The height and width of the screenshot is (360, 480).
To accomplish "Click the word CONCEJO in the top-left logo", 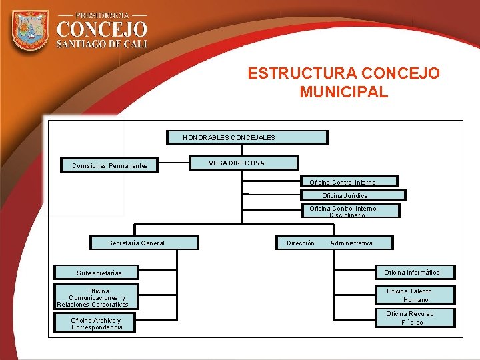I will (x=101, y=29).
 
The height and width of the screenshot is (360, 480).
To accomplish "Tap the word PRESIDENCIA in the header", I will (x=102, y=14).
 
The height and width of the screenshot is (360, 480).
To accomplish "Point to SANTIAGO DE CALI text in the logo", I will (x=101, y=44).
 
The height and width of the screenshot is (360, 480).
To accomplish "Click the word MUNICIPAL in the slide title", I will (x=343, y=92).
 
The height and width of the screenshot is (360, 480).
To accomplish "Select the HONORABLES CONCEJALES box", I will (x=247, y=137).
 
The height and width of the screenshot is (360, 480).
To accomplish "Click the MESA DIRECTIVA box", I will (x=244, y=163).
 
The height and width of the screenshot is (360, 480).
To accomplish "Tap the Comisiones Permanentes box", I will (x=110, y=165).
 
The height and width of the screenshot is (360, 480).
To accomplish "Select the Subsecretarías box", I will (x=97, y=273).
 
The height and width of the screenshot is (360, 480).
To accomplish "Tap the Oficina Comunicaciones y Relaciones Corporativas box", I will (x=97, y=297).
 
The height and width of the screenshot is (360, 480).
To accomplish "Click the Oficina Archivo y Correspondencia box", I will (x=97, y=323).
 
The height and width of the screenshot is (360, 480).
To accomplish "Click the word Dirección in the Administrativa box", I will (x=300, y=243).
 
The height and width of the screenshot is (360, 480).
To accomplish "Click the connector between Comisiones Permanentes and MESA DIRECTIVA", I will (x=173, y=164).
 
